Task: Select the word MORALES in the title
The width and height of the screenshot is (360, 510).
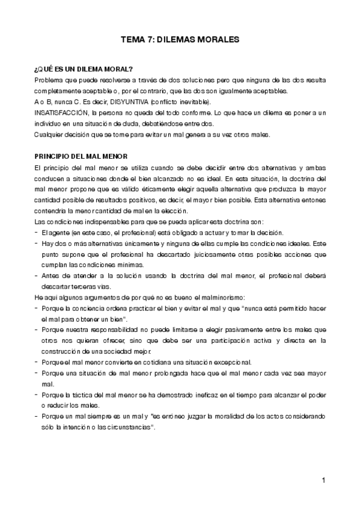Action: [219, 38]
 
